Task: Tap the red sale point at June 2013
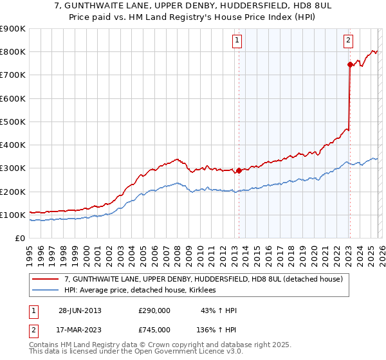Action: pos(239,170)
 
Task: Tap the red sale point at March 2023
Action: pos(350,64)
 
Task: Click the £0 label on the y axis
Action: pos(19,238)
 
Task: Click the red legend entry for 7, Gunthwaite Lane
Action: pos(207,279)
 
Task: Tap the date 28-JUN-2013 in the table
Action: pos(80,310)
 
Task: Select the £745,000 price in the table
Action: pos(154,330)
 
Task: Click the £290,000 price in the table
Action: pos(154,310)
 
